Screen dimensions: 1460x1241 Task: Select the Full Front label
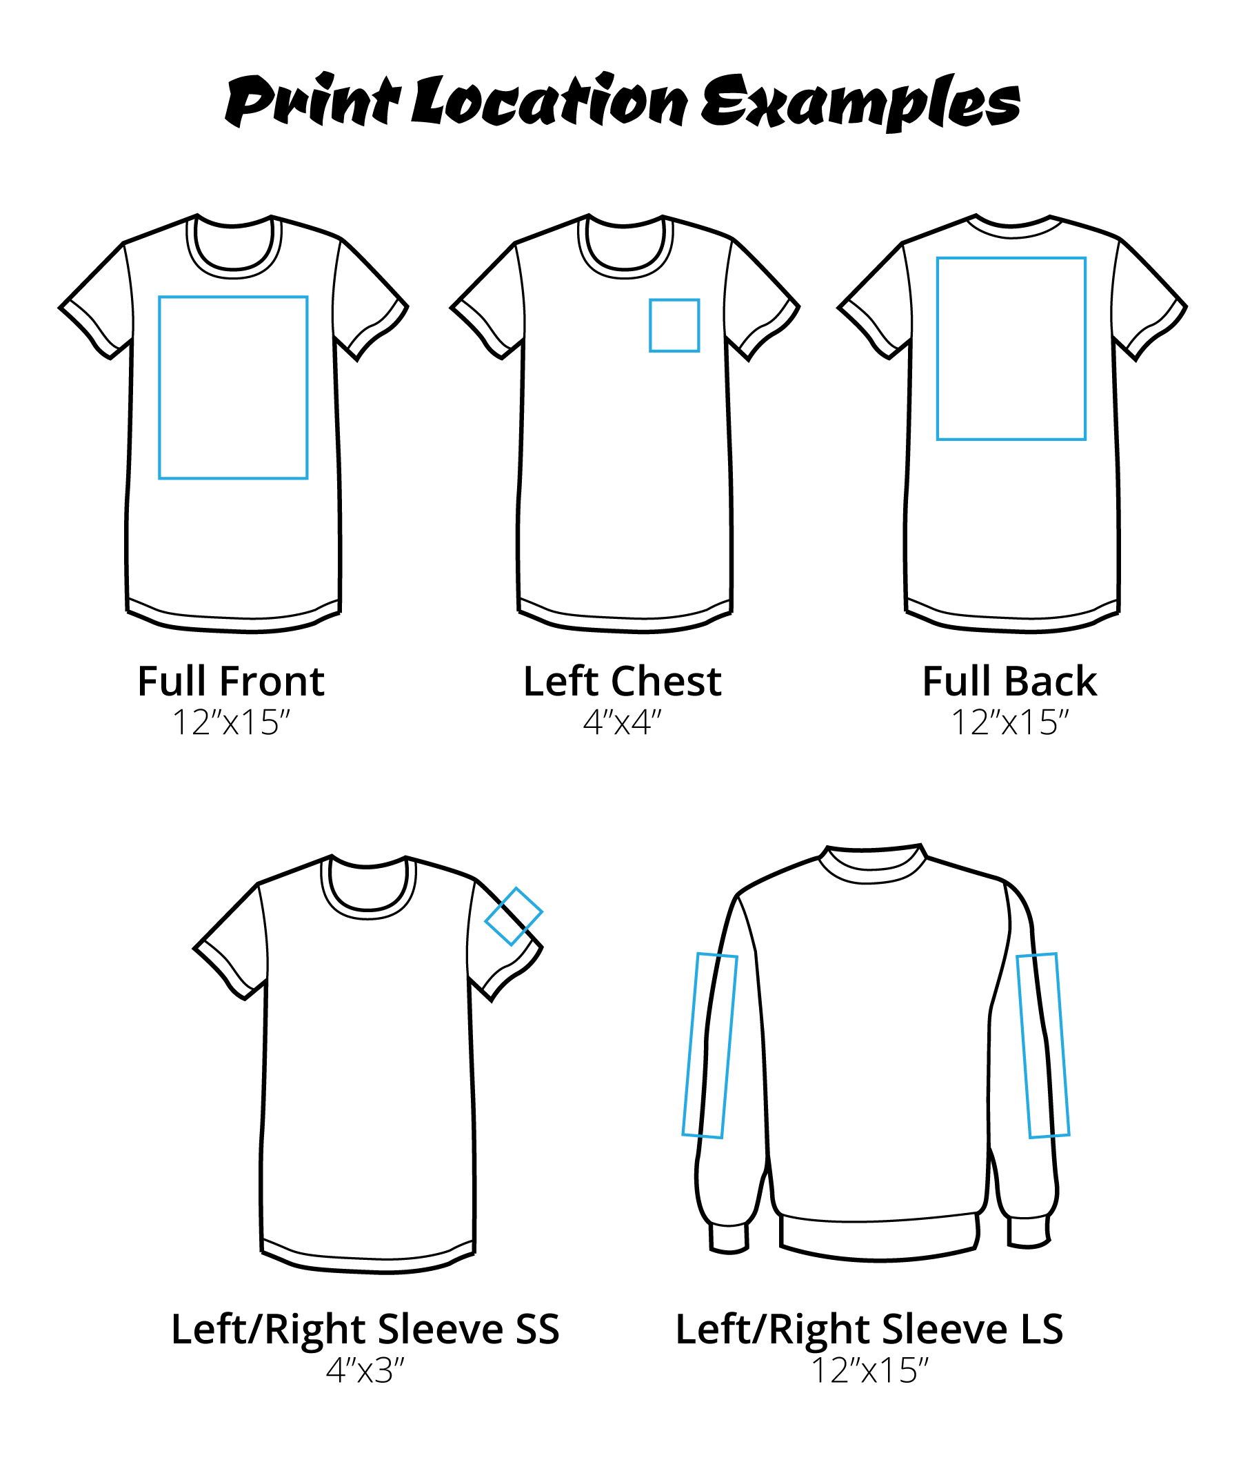point(231,682)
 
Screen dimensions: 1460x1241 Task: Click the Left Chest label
point(622,682)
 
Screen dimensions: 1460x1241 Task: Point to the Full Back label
point(1009,682)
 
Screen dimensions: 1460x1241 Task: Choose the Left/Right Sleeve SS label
point(365,1329)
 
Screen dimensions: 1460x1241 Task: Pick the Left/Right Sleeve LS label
point(869,1329)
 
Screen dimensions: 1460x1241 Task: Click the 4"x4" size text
point(622,722)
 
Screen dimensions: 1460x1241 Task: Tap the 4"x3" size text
point(365,1370)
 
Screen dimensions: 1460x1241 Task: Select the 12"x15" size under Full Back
point(1009,722)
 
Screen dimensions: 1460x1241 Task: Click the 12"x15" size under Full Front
point(231,722)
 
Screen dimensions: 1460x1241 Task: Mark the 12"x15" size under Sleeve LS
point(869,1370)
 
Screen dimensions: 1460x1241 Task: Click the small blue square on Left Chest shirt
point(674,325)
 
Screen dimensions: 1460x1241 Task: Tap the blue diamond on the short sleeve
point(514,916)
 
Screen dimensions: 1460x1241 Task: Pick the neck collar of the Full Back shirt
point(1013,229)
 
